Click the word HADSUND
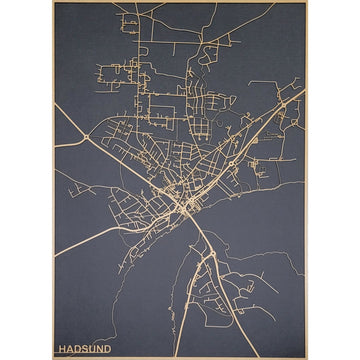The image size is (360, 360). [x=85, y=350]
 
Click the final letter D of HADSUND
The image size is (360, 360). [x=108, y=350]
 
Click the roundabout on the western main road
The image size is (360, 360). [x=88, y=136]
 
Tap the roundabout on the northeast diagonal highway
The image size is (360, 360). [x=283, y=106]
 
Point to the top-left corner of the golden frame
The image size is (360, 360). [x=53, y=2]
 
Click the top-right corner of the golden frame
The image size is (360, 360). [x=307, y=2]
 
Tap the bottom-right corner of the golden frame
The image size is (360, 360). [x=307, y=358]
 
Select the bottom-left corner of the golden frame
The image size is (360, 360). [x=53, y=358]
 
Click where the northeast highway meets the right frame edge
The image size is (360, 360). [x=305, y=90]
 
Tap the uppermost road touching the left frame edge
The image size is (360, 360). [x=55, y=108]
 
